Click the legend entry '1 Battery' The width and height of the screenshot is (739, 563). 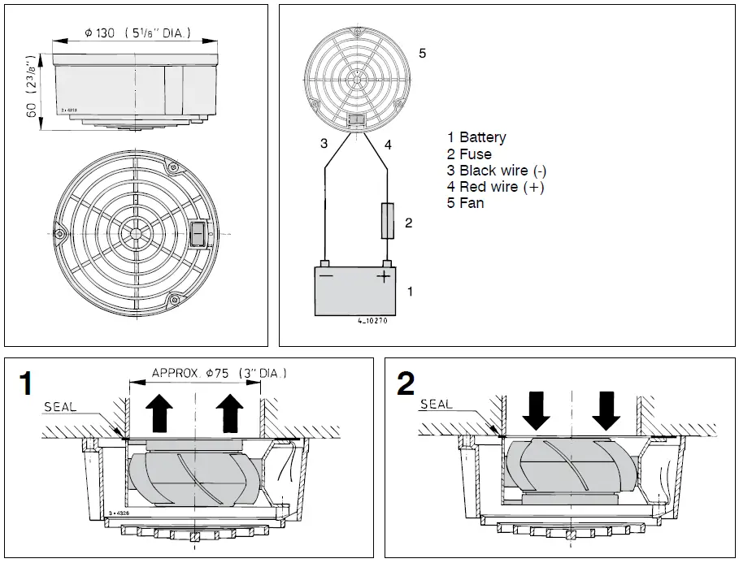[476, 137]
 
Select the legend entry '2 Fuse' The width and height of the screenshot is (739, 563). [469, 154]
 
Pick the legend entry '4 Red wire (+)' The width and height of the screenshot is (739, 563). [495, 187]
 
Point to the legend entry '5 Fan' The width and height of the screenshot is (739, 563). [465, 203]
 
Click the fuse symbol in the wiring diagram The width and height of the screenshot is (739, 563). [388, 221]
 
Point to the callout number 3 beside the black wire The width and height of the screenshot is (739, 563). [324, 144]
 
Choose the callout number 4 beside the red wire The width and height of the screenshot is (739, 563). [388, 145]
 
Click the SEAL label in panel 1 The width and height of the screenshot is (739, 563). [61, 406]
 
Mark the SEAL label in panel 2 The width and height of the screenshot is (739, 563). [436, 404]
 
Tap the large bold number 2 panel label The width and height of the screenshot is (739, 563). [405, 384]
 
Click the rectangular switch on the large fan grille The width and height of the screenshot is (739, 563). [197, 235]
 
